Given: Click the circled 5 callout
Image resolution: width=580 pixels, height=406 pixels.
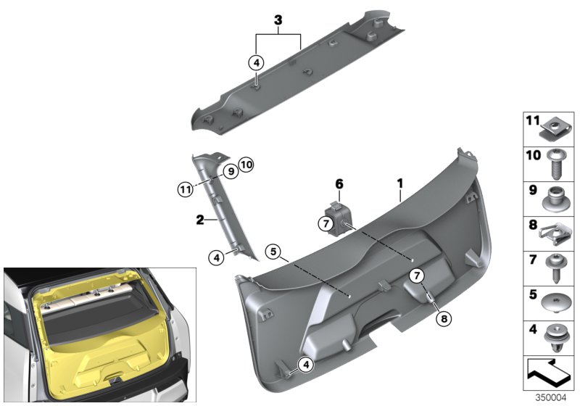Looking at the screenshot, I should [272, 253].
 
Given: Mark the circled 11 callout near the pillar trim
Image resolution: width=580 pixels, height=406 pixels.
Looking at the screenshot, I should [186, 191].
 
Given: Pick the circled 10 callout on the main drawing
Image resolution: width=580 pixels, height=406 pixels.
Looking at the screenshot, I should [246, 166].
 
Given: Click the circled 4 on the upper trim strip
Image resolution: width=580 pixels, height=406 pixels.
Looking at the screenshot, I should [256, 63].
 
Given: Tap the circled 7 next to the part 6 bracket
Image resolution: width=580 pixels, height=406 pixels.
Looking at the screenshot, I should [324, 224].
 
